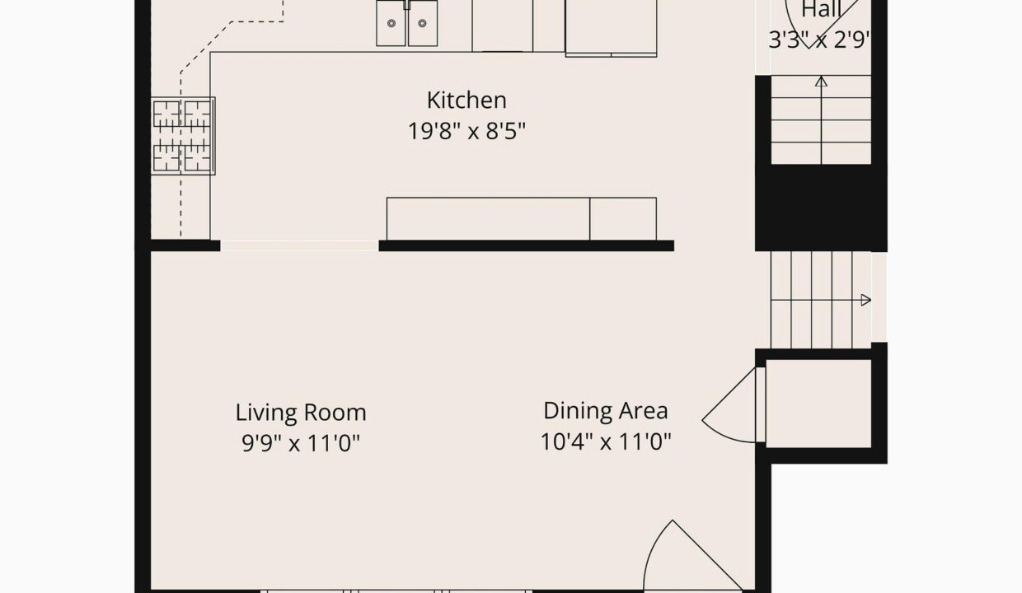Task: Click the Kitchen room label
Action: [466, 100]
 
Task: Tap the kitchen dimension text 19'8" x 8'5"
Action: [466, 131]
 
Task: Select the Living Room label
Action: [301, 413]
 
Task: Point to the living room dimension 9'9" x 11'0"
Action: [301, 442]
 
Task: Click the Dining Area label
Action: [606, 411]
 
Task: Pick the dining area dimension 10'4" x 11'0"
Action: [606, 441]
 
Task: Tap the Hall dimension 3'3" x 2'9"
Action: [820, 40]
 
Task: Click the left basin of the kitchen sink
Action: [391, 23]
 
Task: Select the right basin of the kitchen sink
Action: [423, 23]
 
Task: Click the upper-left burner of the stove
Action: [166, 114]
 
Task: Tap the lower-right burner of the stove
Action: [198, 157]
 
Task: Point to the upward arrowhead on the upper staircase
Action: [821, 82]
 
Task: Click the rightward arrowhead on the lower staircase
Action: [866, 300]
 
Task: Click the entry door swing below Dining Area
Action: [691, 557]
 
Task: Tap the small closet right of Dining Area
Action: [818, 404]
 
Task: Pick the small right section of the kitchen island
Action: [623, 219]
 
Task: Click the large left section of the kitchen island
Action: [488, 219]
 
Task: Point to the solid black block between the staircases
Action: [821, 208]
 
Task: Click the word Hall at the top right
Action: [821, 10]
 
